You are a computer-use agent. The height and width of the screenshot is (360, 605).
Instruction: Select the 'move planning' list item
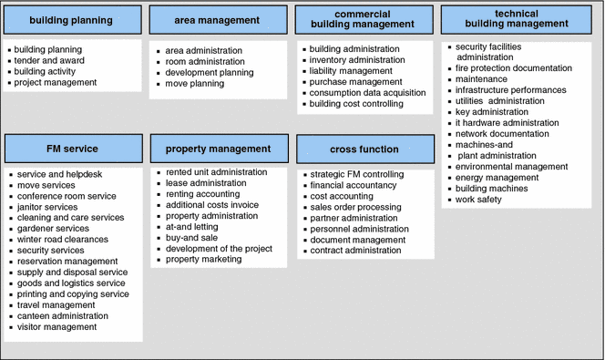[194, 83]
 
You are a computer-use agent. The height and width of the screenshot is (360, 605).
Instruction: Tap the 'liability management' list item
[351, 70]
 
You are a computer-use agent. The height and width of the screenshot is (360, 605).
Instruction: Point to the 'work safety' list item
[478, 199]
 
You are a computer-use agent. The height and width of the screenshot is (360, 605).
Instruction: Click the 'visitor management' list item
[56, 326]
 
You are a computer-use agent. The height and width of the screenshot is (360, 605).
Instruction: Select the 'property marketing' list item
[204, 259]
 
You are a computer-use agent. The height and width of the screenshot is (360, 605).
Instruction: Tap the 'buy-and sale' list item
[191, 237]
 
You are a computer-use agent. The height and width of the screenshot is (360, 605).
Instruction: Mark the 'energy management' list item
[497, 177]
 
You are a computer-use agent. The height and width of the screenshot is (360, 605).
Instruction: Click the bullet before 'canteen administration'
[9, 316]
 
